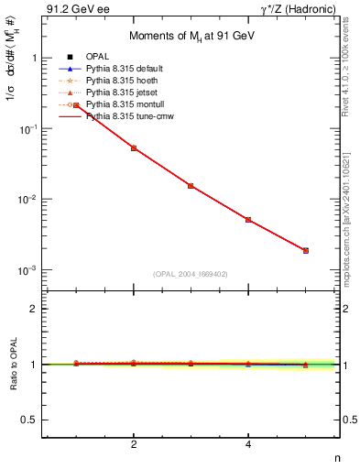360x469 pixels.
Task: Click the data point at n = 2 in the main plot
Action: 134,147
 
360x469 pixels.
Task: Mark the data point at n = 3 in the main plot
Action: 191,185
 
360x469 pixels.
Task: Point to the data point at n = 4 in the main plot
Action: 248,220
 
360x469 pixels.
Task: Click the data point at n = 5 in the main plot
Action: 305,250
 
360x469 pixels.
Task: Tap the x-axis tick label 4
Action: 248,444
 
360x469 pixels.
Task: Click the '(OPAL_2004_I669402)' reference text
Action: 191,274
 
